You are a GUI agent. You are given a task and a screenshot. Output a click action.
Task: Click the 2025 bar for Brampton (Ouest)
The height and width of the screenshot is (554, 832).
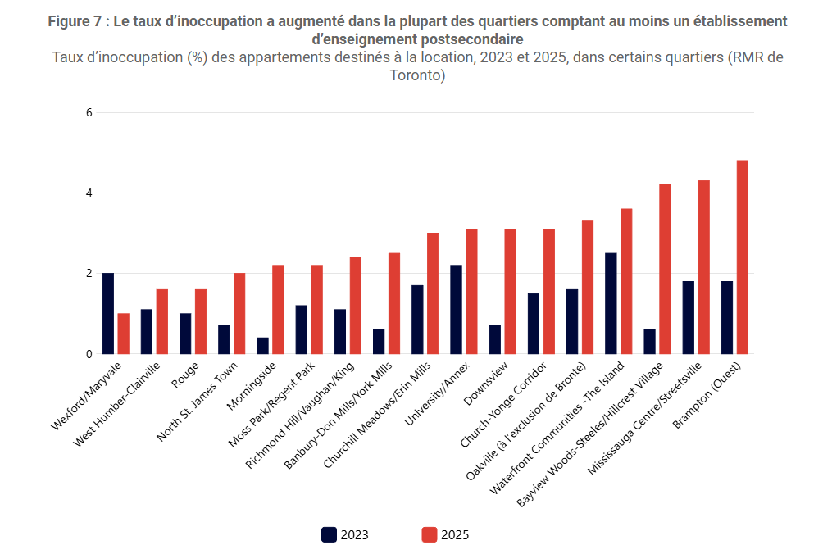click(743, 257)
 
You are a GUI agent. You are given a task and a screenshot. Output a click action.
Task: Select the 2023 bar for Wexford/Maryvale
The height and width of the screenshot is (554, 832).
click(108, 313)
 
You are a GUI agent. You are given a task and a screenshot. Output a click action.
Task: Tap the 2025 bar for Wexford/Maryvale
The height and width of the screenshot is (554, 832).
click(124, 334)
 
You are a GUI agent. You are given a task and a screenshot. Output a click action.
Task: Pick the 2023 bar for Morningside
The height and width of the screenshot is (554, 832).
click(263, 346)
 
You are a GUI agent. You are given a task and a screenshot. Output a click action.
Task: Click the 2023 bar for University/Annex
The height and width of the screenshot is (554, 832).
click(457, 310)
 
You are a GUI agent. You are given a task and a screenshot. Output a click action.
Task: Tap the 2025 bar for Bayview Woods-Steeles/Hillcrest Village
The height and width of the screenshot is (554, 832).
click(666, 270)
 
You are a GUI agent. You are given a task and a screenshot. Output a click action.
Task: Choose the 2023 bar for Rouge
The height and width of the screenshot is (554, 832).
click(185, 334)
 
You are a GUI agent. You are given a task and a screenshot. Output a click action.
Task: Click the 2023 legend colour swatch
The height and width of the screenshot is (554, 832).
click(329, 535)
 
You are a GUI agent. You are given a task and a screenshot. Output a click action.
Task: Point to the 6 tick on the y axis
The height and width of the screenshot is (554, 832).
click(89, 112)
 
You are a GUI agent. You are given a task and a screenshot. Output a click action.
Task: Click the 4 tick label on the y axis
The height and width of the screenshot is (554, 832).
click(89, 193)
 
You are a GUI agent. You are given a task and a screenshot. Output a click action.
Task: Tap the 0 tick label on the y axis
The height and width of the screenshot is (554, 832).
click(89, 354)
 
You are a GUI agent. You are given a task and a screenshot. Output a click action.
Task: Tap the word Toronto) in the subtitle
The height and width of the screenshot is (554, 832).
click(417, 76)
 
